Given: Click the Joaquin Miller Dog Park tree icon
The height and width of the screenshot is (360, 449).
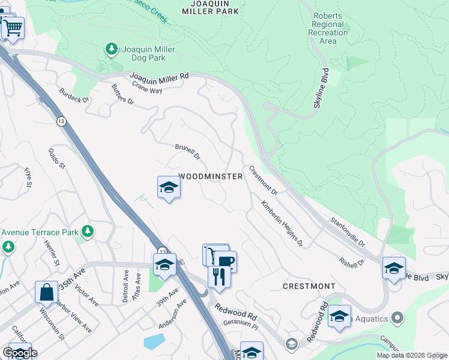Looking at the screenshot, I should (x=111, y=48).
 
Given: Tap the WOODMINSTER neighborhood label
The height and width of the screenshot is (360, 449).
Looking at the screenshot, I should (x=211, y=176).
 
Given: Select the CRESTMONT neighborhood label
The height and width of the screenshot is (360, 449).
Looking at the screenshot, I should (x=309, y=286).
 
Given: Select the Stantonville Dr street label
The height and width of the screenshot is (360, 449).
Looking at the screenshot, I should (x=348, y=232).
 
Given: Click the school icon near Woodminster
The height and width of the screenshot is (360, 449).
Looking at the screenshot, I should (x=169, y=188).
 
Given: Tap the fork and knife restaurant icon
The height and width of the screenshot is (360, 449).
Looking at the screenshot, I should (x=219, y=277).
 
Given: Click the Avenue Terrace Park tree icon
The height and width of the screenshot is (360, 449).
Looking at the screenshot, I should (x=88, y=232).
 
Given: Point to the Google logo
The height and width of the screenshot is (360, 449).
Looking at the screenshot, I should (x=20, y=353).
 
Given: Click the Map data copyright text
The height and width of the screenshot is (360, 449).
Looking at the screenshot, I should (x=411, y=355).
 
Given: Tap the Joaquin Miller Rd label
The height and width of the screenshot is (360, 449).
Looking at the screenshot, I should (x=160, y=76).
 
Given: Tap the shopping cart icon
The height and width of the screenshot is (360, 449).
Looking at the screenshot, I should (x=13, y=26).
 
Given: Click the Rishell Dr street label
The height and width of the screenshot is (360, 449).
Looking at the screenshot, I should (x=352, y=263).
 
